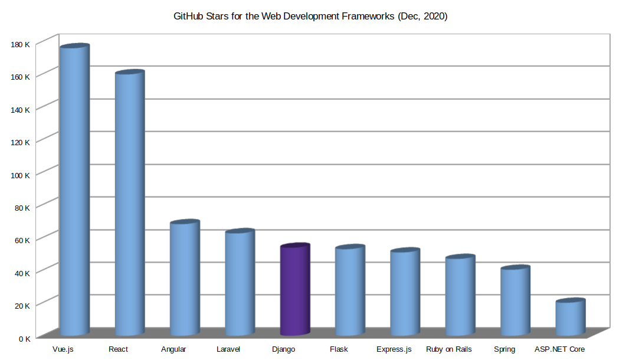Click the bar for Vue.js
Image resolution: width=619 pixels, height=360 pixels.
(x=74, y=189)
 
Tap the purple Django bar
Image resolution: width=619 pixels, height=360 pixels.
(x=294, y=289)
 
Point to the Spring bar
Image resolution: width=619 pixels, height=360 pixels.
(x=515, y=301)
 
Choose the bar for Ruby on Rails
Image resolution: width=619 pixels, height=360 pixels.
(x=460, y=295)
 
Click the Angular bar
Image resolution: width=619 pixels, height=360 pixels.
(x=185, y=277)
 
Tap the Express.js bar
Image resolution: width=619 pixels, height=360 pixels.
(x=405, y=292)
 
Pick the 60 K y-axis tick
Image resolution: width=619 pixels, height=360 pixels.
(x=22, y=240)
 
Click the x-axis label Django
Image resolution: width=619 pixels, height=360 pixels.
(x=283, y=349)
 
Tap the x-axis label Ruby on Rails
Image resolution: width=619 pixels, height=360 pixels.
(x=448, y=349)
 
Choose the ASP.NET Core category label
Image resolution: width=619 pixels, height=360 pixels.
(x=559, y=349)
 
